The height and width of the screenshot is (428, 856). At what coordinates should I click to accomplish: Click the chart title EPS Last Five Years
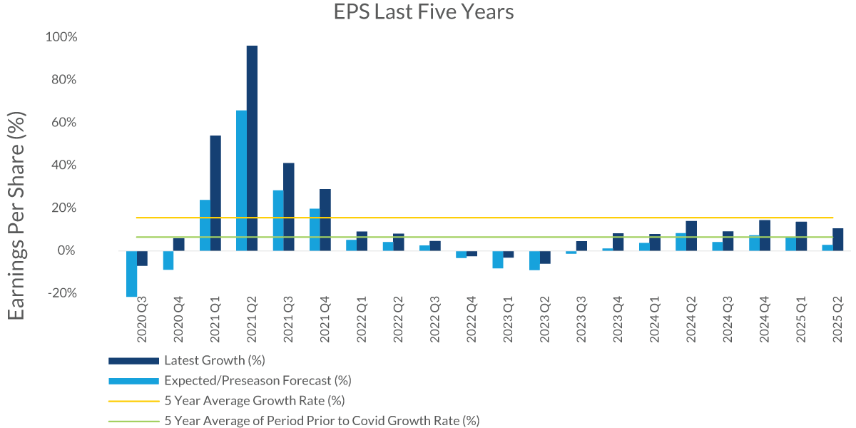424,12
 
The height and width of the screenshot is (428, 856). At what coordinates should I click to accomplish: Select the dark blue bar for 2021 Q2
252,148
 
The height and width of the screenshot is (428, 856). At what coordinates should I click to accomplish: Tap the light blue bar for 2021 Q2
241,180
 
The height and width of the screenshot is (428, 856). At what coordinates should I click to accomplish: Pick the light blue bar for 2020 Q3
131,273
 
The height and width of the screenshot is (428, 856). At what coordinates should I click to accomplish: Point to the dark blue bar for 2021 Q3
289,207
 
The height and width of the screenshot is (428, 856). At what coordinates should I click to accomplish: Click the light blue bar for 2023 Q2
534,260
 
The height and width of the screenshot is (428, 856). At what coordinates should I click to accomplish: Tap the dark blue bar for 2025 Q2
837,240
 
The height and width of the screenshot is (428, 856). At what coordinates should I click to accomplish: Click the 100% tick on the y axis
62,36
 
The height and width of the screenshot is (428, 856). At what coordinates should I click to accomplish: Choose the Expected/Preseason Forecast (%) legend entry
258,380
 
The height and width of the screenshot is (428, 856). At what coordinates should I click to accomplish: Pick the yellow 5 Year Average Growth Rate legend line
133,401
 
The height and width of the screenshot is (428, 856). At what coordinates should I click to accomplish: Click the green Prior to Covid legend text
322,421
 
